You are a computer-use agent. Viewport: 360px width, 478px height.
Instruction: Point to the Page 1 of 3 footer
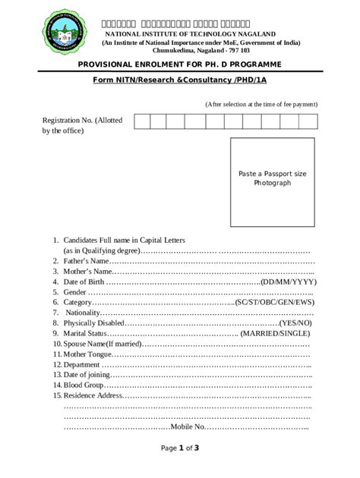(180, 448)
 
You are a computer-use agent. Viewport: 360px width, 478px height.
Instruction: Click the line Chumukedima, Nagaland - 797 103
(196, 49)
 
